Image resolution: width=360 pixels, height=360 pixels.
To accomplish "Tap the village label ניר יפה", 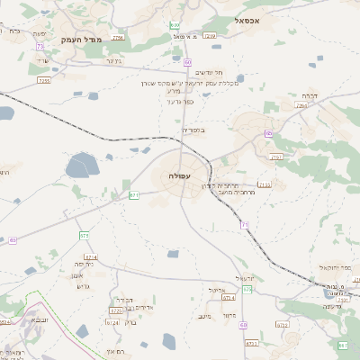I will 85,265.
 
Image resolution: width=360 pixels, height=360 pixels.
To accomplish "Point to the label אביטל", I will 228,290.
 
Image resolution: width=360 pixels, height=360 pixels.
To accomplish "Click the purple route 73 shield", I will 40,47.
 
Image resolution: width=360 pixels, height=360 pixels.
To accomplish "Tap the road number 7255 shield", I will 44,81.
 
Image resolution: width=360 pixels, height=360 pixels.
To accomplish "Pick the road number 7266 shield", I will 301,105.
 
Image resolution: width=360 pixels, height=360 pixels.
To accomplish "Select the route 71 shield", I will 245,225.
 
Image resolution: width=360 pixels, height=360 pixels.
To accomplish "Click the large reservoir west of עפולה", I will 84,166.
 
